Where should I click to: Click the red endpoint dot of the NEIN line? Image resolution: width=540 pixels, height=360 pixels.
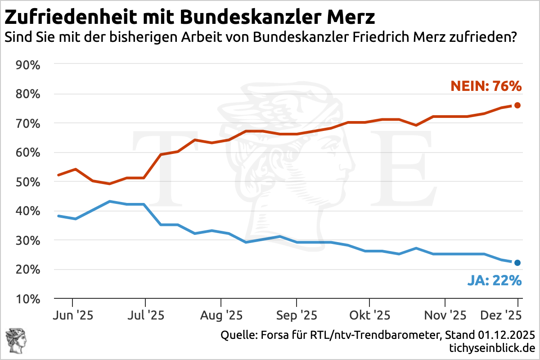tap(517, 105)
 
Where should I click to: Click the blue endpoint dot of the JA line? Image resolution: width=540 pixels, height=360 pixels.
tap(517, 263)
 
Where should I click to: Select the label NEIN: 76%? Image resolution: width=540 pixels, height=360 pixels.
tap(486, 86)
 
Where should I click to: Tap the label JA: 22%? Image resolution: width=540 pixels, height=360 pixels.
tap(494, 281)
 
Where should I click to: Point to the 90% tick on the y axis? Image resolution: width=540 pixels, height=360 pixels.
tap(28, 65)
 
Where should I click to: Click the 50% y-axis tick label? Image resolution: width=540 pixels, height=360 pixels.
tap(28, 182)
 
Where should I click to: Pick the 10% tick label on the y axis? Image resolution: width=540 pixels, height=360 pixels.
tap(28, 299)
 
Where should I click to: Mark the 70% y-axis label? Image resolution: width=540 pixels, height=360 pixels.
tap(28, 123)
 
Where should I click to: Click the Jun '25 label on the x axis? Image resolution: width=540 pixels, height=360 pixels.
tap(72, 315)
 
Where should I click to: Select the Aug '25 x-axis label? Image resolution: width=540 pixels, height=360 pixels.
tap(220, 315)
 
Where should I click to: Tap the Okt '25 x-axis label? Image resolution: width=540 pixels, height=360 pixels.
tap(369, 315)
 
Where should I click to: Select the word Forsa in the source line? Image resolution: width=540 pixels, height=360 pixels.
tap(270, 335)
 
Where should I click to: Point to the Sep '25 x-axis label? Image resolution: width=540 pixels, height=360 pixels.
tap(297, 315)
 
